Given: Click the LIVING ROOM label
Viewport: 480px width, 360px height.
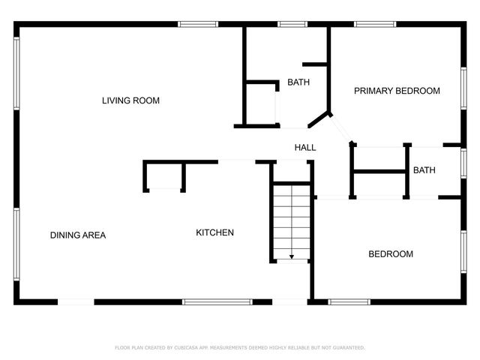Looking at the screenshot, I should (x=130, y=100).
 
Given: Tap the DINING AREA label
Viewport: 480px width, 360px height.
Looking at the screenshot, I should (x=78, y=235).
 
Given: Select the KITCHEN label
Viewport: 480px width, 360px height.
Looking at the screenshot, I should (x=214, y=232).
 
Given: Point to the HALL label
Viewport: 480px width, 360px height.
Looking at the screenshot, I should (x=305, y=148).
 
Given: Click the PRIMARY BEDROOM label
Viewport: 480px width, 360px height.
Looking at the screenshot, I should (x=397, y=91).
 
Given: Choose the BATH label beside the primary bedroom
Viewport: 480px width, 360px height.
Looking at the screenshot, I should (x=298, y=82).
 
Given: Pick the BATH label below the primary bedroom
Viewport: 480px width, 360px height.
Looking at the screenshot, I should (x=424, y=171).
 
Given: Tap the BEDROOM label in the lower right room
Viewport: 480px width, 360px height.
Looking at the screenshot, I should (x=390, y=254).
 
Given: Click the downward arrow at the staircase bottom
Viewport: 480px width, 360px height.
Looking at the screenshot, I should (x=291, y=256).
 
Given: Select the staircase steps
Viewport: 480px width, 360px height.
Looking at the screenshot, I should (x=291, y=221).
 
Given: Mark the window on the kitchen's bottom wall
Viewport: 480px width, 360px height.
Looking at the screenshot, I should (x=217, y=302).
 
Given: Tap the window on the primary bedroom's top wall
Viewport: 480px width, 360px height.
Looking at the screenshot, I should (x=375, y=24).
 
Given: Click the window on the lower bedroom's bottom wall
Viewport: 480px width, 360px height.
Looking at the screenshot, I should (x=349, y=302).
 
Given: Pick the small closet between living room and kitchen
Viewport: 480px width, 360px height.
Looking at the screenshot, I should (x=165, y=177).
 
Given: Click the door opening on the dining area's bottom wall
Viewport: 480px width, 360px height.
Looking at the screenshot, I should (x=76, y=302).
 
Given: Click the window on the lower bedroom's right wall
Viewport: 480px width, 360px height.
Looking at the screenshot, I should (x=463, y=251).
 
